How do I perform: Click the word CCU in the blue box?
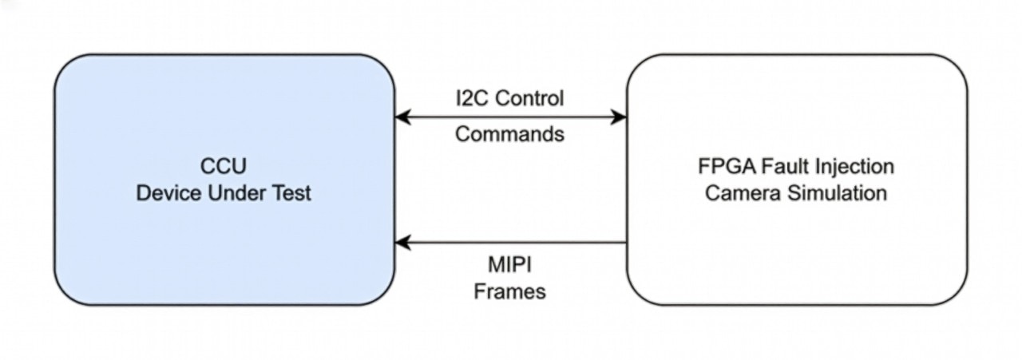pos(224,167)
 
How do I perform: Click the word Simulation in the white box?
pos(835,193)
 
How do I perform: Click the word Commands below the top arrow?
pos(509,134)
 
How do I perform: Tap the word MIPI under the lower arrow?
pos(509,264)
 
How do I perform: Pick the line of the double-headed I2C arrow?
pos(511,117)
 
